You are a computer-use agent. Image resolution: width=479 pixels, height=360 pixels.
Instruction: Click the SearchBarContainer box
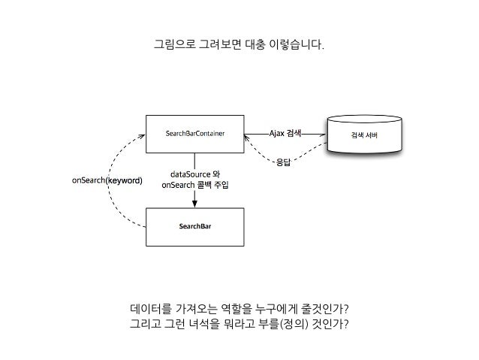[x=194, y=135]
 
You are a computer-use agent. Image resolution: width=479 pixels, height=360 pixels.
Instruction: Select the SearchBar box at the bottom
[x=194, y=225]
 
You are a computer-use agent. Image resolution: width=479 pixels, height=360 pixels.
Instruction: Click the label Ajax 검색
[x=285, y=134]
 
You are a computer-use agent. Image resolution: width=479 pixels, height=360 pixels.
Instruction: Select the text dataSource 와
[x=194, y=175]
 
